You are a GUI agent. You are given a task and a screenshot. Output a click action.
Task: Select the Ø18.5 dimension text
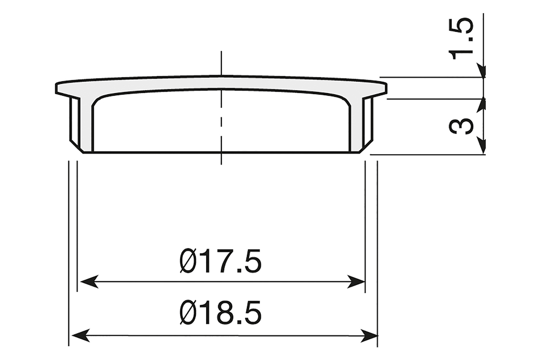220,313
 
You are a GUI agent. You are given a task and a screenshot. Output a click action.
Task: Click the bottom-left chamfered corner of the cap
76,148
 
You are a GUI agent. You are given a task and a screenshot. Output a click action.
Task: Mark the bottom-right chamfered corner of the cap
366,148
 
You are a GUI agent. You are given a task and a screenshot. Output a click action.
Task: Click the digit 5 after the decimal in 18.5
252,313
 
